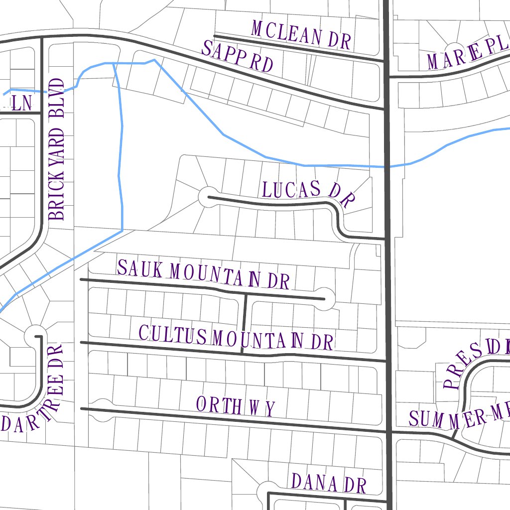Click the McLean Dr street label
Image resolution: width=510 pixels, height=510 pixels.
tap(302, 35)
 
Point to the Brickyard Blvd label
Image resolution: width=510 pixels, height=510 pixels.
tap(57, 149)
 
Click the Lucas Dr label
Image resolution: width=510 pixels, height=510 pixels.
tap(308, 192)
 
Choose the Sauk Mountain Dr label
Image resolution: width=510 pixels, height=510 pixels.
tap(203, 274)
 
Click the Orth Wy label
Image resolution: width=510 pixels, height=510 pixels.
tap(235, 406)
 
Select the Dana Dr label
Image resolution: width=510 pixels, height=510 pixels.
tap(329, 483)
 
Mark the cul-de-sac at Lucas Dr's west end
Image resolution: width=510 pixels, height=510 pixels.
tap(208, 197)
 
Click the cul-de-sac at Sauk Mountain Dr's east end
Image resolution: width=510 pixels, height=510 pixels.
tap(324, 298)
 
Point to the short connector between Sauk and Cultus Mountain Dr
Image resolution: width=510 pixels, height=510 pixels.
tap(244, 323)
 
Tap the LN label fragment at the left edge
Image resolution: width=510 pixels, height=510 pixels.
tap(21, 103)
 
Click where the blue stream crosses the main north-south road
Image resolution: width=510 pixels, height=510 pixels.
tap(387, 166)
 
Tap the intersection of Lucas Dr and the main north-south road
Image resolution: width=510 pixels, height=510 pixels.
tap(387, 239)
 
